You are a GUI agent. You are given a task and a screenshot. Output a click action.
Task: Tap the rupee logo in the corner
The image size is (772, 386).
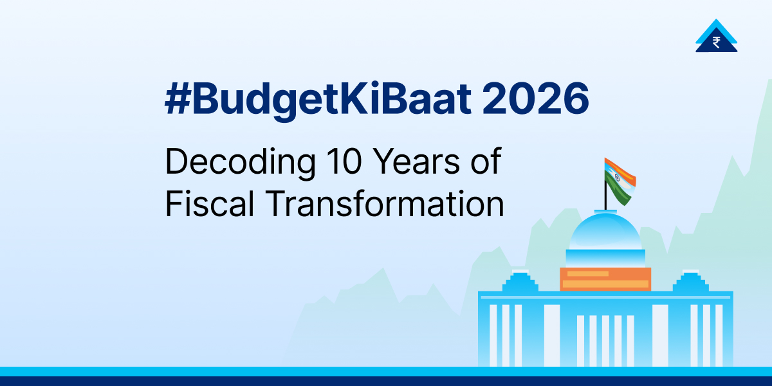(x=716, y=37)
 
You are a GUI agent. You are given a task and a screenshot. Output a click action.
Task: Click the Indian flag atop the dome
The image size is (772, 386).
(x=620, y=179)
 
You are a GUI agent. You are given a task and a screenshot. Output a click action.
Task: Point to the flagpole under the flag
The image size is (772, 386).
(x=605, y=196)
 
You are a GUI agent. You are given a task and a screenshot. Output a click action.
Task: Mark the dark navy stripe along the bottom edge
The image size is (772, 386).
(x=386, y=381)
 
